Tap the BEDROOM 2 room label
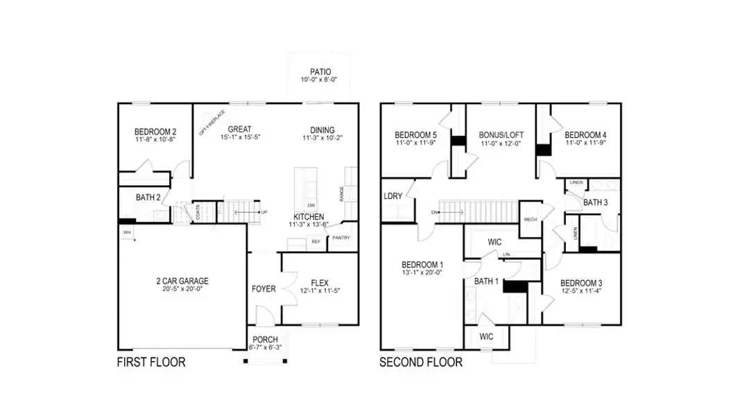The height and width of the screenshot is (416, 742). [x=155, y=131]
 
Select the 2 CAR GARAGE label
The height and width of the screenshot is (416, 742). [x=182, y=281]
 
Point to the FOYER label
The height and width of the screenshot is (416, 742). [x=264, y=288]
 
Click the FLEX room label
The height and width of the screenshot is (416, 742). [x=320, y=282]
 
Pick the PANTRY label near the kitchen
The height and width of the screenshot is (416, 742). [x=340, y=238]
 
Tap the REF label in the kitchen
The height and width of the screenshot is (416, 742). [x=316, y=242]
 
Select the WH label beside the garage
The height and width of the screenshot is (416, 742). [x=128, y=232]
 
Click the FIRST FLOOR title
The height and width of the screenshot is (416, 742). [x=151, y=362]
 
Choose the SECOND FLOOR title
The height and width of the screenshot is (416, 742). [x=421, y=362]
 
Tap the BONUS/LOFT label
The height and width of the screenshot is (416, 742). [x=501, y=135]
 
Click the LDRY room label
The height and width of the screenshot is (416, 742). [x=393, y=196]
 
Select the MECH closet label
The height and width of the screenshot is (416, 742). [x=530, y=219]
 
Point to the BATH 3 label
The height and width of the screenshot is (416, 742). [x=595, y=202]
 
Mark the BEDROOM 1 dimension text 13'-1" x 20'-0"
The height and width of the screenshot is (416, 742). [x=422, y=272]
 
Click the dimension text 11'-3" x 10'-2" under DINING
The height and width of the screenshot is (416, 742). [x=322, y=138]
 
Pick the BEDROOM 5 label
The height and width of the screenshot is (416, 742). [x=415, y=135]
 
